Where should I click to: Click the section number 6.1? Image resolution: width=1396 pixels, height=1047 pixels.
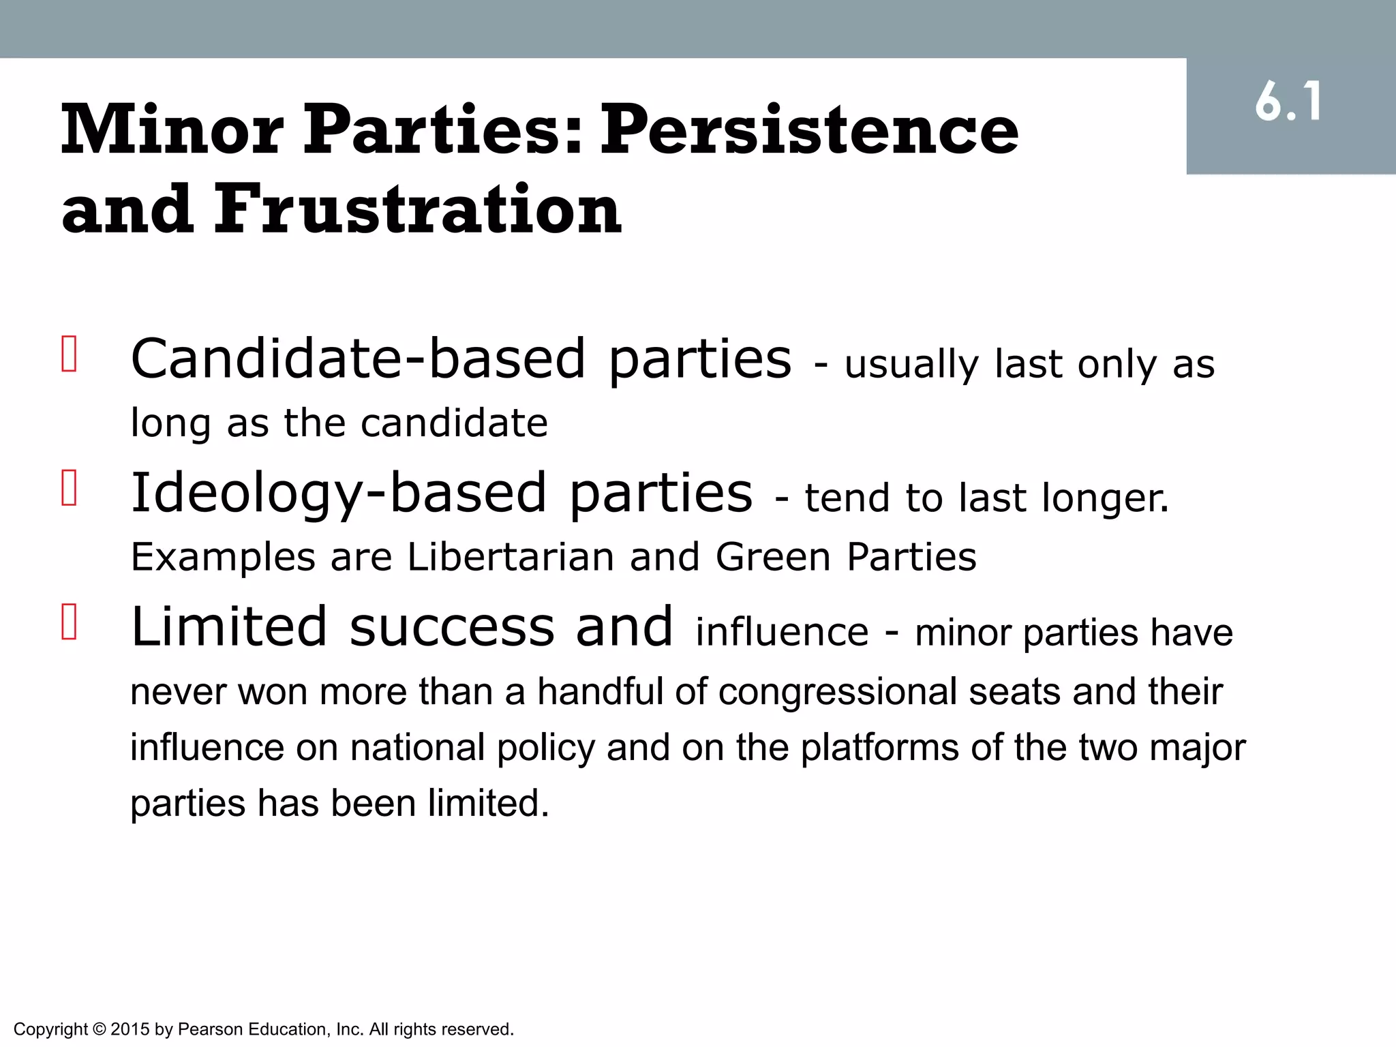(x=1288, y=102)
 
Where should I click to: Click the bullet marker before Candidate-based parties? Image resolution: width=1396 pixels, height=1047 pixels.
(x=69, y=354)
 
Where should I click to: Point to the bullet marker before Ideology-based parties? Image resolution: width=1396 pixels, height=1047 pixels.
(x=69, y=488)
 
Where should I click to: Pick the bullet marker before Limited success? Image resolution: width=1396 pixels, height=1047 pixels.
(x=69, y=622)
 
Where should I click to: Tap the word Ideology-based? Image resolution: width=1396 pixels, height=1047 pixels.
(x=339, y=493)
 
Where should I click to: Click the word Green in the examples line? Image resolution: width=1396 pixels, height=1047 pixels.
(x=772, y=557)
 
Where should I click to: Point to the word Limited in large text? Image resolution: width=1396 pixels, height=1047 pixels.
(x=229, y=626)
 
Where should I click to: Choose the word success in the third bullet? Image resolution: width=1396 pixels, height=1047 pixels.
(x=452, y=626)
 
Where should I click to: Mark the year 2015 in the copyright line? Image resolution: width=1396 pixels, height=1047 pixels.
(x=129, y=1029)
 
